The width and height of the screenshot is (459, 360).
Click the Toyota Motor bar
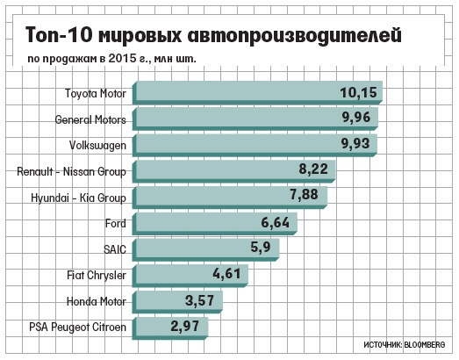(x=257, y=92)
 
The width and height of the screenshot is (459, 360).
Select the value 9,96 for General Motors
(x=356, y=118)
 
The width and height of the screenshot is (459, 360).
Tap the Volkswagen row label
(x=97, y=146)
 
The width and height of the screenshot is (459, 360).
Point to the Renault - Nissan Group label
(x=71, y=171)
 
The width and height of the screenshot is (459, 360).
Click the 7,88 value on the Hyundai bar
(x=304, y=195)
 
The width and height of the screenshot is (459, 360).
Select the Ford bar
(x=214, y=224)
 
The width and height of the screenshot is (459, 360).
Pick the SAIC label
(x=115, y=249)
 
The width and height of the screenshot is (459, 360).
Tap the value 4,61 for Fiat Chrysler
(x=226, y=274)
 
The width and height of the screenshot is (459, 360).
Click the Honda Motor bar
(x=177, y=302)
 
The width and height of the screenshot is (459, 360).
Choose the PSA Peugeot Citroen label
(x=77, y=328)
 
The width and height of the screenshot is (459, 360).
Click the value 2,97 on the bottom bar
(x=185, y=326)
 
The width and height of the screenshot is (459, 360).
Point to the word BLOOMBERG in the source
(x=425, y=344)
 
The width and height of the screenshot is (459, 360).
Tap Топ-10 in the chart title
(x=59, y=34)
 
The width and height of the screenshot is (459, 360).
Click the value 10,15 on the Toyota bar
(x=359, y=92)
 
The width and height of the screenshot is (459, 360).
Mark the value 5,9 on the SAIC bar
(x=261, y=248)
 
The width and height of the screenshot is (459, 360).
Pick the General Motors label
(x=90, y=119)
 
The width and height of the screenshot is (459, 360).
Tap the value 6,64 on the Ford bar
(x=276, y=223)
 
